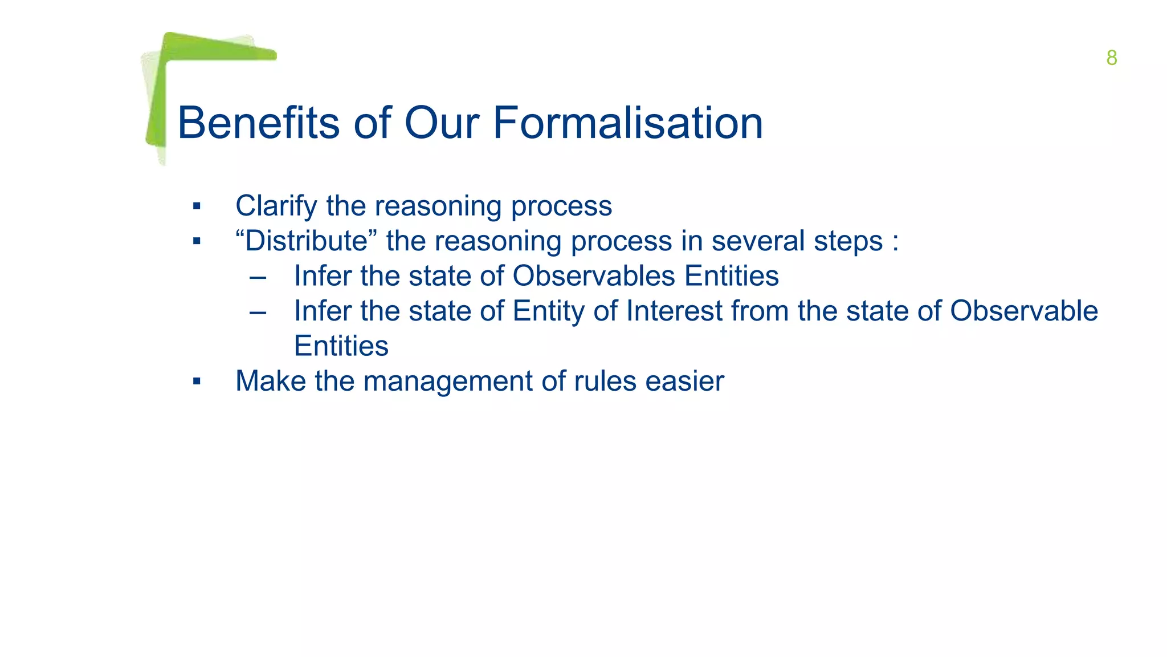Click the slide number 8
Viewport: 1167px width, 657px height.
pos(1111,58)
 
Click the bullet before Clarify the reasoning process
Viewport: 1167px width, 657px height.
pos(197,206)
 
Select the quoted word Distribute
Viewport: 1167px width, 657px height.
pos(307,241)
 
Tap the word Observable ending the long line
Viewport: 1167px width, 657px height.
pos(1023,311)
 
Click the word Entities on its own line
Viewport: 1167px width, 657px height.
pos(341,346)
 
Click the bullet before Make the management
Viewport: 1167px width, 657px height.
pos(197,382)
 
